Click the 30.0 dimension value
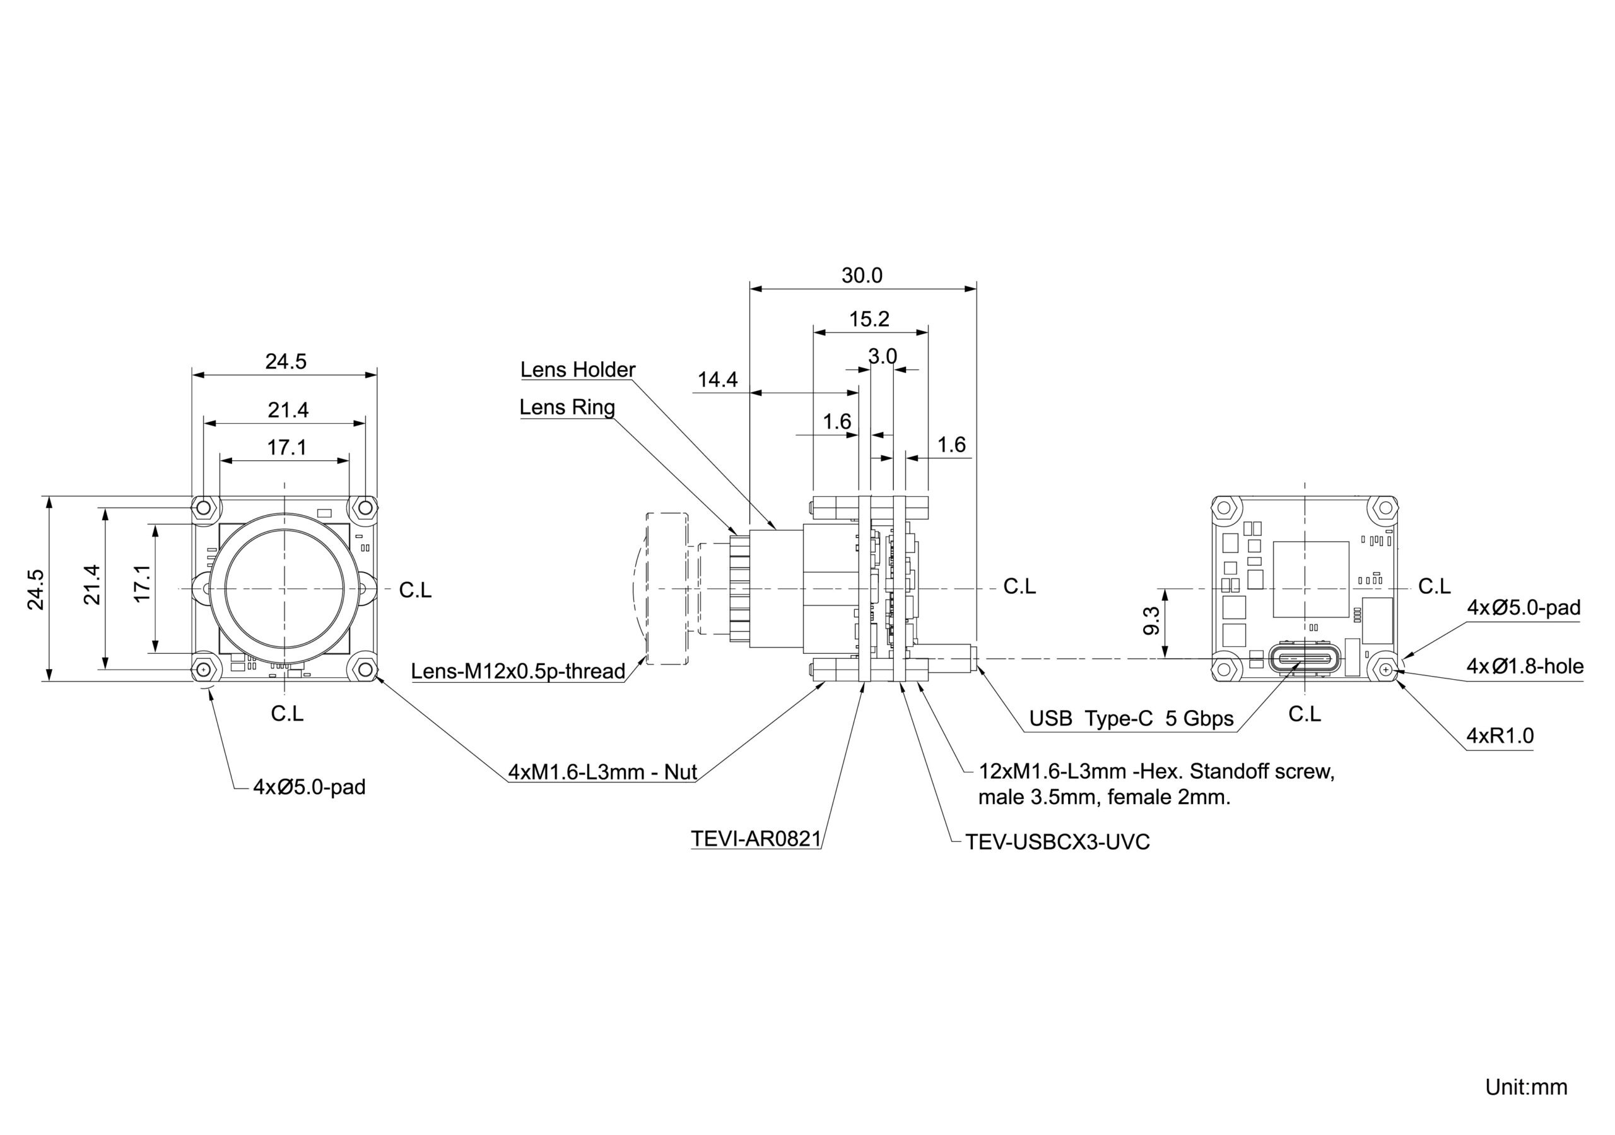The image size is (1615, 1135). click(x=862, y=276)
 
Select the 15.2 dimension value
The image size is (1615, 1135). click(x=869, y=319)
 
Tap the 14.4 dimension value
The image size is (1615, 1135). click(x=717, y=380)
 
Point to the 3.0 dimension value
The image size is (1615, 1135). click(x=882, y=356)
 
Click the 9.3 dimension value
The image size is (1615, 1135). click(x=1151, y=620)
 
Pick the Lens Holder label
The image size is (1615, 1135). click(x=577, y=370)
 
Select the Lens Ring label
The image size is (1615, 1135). click(x=567, y=407)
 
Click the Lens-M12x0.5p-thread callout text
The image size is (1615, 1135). click(x=518, y=671)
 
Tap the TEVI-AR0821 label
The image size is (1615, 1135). click(x=755, y=839)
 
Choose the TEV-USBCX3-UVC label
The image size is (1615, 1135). click(x=1057, y=842)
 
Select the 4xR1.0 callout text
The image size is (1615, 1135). click(x=1500, y=736)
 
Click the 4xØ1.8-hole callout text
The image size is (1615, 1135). click(x=1525, y=666)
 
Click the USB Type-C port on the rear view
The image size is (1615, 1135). click(x=1305, y=660)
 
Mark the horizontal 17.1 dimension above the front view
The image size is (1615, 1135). click(x=286, y=447)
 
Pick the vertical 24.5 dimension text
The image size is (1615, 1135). click(x=36, y=590)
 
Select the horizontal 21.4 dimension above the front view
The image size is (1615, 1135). click(x=288, y=410)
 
